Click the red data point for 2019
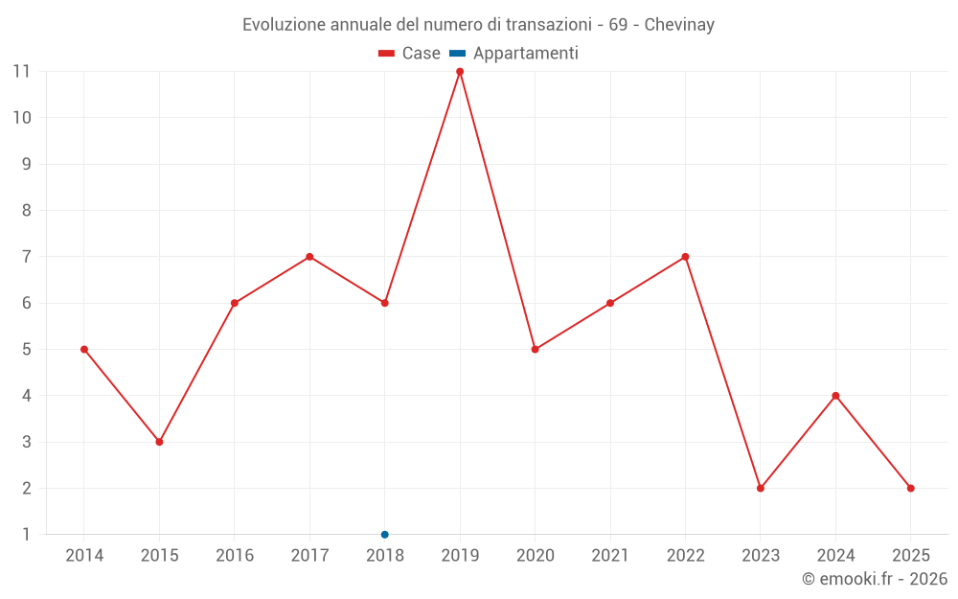[x=460, y=72]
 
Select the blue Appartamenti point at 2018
[x=385, y=535]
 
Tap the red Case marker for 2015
[x=159, y=442]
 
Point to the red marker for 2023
[x=761, y=488]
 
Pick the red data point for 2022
[x=685, y=257]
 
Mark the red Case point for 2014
[x=84, y=349]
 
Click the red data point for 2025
[x=911, y=488]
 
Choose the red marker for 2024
[x=835, y=396]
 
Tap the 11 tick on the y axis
[x=21, y=72]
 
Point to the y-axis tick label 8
[x=26, y=211]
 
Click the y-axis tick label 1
[x=26, y=535]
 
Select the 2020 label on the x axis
[x=536, y=556]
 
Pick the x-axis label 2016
[x=235, y=556]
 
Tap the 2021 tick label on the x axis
[x=610, y=556]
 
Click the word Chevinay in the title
[x=679, y=25]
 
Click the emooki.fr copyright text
[x=875, y=579]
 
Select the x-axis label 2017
[x=309, y=556]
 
